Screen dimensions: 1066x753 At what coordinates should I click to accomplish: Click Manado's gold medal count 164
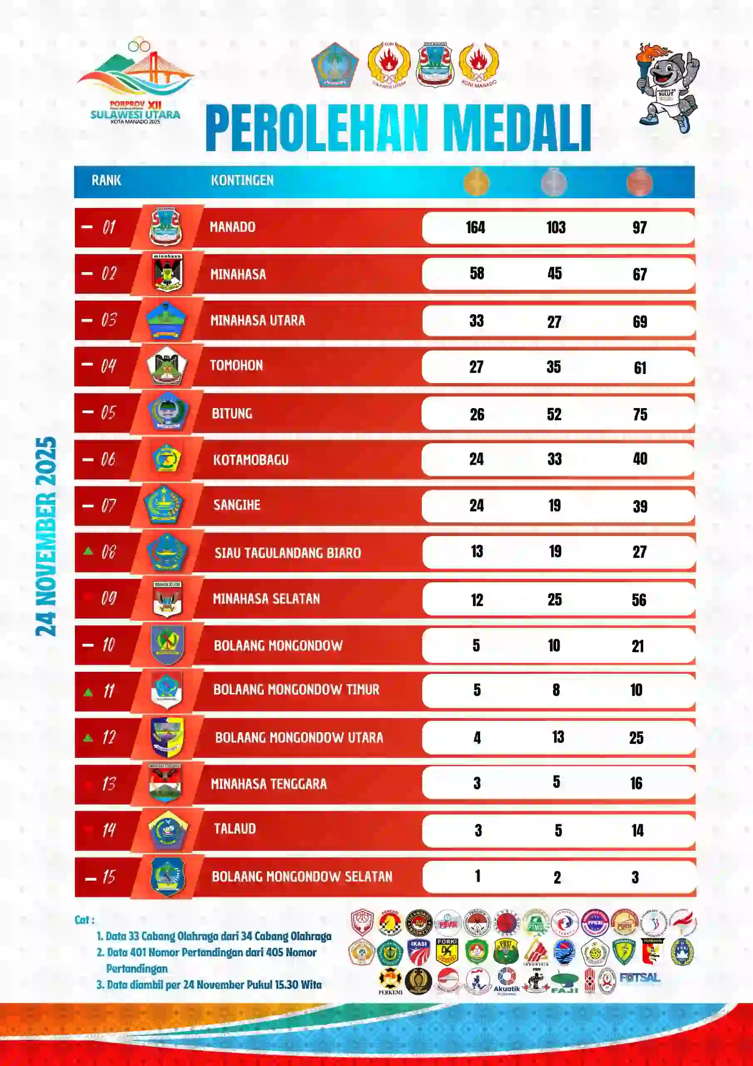click(x=476, y=227)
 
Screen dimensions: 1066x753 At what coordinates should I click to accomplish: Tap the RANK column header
click(x=106, y=180)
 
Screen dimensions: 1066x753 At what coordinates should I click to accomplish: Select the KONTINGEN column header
click(x=242, y=180)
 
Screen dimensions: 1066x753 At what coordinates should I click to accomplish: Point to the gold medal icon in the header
click(x=476, y=182)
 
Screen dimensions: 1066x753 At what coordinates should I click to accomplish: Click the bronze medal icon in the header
click(x=639, y=182)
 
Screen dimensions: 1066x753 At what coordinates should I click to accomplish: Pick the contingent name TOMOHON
click(x=237, y=365)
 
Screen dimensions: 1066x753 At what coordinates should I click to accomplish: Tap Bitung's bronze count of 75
click(x=640, y=414)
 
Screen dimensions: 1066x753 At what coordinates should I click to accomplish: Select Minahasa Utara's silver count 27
click(x=554, y=322)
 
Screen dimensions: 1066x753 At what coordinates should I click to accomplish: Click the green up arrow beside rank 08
click(x=88, y=551)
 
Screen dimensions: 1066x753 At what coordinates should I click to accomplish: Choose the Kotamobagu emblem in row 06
click(x=167, y=458)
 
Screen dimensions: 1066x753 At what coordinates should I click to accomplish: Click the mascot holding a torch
click(x=667, y=88)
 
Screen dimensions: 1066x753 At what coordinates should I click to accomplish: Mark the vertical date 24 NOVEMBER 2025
click(x=47, y=536)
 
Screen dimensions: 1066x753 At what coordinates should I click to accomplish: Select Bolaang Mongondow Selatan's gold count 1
click(x=478, y=876)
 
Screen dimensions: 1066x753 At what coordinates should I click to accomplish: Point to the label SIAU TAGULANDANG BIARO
click(x=287, y=553)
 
